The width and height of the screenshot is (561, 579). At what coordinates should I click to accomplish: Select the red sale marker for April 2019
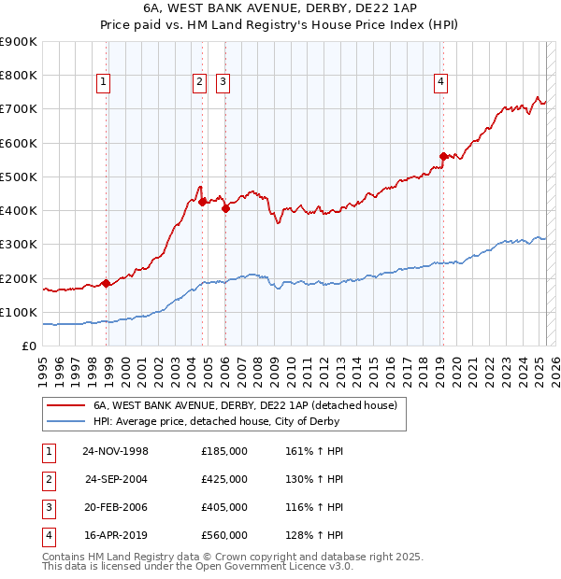(443, 157)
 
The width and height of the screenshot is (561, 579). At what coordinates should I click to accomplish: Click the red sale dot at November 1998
(107, 283)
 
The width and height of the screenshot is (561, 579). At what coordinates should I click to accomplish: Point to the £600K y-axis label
(18, 143)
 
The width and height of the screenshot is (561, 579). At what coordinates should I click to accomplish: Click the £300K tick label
(18, 245)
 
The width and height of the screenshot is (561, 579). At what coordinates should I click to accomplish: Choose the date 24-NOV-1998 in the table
(116, 451)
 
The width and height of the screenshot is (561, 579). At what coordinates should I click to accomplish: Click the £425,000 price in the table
(224, 479)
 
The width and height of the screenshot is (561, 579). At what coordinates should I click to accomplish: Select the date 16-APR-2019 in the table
(116, 535)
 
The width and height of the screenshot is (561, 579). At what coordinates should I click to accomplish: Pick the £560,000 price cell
(224, 535)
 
